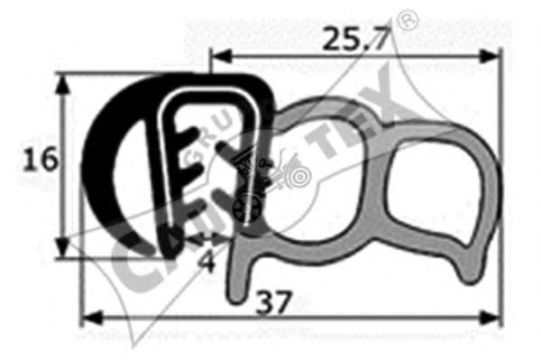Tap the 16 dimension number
pos(40,160)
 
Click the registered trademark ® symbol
pos(408,20)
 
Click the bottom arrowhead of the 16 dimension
pos(62,247)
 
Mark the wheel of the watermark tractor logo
pos(243,211)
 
